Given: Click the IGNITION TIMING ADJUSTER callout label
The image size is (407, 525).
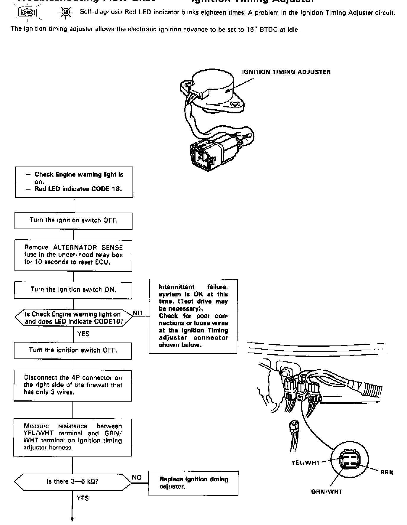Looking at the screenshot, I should (x=286, y=72).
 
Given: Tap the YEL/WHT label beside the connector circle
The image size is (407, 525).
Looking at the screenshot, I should (x=305, y=463).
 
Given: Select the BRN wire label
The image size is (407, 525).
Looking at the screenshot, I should (x=387, y=472).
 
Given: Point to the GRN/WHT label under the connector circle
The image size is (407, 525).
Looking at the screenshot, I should (x=327, y=492).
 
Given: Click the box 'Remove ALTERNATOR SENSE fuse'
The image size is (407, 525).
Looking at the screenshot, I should (x=73, y=255).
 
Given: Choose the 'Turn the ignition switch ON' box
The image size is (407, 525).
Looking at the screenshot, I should (x=73, y=290).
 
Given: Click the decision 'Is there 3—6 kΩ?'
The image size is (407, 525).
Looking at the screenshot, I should (x=73, y=481).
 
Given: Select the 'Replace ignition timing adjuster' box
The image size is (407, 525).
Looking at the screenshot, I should (x=193, y=483).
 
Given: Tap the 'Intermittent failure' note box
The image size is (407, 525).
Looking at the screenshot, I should (x=193, y=316).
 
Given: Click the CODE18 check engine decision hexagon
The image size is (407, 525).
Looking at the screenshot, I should (x=74, y=318).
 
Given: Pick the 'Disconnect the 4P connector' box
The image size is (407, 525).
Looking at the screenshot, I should (x=73, y=385).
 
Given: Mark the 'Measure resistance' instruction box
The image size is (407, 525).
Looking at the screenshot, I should (x=73, y=437).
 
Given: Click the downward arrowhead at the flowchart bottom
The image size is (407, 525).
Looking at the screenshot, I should (x=72, y=519).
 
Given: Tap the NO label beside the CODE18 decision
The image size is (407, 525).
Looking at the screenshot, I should (x=138, y=313).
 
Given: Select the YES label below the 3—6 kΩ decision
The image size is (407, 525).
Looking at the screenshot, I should (x=83, y=498).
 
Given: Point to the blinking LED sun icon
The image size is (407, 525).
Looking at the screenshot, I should (x=64, y=13).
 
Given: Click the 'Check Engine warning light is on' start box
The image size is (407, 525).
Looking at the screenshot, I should (x=74, y=182).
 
